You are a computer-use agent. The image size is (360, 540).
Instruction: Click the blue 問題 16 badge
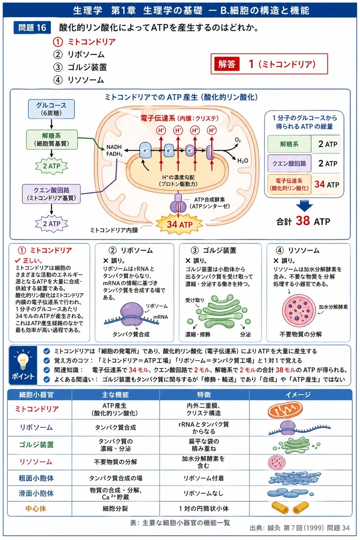[32, 28]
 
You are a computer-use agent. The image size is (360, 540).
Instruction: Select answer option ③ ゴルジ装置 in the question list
[80, 67]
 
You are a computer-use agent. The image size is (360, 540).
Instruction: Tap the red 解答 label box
[227, 64]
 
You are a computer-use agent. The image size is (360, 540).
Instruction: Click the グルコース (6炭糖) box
[51, 109]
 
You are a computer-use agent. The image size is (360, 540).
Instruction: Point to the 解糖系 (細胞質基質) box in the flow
[51, 140]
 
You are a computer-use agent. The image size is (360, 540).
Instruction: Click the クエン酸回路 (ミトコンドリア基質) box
[51, 194]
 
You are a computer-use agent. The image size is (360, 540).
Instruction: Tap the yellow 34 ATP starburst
[179, 224]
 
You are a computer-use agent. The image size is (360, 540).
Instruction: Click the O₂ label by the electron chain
[238, 140]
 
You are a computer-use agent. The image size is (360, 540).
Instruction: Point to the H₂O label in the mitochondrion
[243, 161]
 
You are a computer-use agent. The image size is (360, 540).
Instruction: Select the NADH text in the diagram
[114, 147]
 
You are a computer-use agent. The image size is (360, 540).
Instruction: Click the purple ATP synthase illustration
[178, 203]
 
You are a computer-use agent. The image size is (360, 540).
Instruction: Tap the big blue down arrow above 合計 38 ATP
[305, 206]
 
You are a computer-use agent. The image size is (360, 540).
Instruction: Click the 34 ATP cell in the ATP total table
[327, 184]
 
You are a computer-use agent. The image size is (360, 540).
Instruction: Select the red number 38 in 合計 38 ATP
[303, 221]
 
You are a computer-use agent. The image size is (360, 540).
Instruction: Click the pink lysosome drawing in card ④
[299, 311]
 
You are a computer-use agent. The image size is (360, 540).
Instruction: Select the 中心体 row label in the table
[36, 509]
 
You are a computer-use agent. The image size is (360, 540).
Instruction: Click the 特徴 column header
[204, 394]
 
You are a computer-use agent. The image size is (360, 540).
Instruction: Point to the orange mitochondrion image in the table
[285, 410]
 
